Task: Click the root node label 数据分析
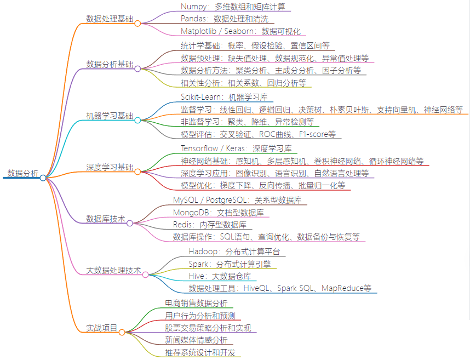(x=22, y=174)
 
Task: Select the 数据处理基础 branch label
(x=110, y=19)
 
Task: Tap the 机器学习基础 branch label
(x=110, y=116)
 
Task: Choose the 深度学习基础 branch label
(x=110, y=167)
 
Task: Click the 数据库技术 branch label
(x=106, y=219)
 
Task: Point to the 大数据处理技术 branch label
(x=113, y=271)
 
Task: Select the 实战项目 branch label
(x=102, y=328)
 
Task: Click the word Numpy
(x=193, y=7)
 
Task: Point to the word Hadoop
(x=204, y=252)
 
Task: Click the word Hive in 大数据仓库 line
(x=197, y=276)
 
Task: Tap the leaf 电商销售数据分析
(x=196, y=302)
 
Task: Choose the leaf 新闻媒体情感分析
(x=196, y=340)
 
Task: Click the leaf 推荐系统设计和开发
(x=200, y=352)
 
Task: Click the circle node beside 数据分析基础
(x=137, y=68)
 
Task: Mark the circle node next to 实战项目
(x=122, y=332)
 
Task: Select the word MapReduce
(x=346, y=288)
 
